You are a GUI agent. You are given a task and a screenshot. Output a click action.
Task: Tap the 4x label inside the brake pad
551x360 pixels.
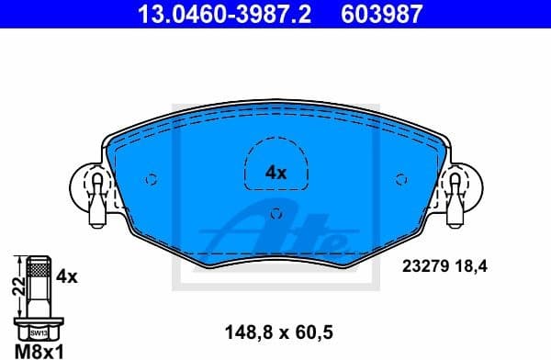click(x=275, y=172)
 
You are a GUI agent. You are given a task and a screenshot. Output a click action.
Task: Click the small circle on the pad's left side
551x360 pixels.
click(x=152, y=179)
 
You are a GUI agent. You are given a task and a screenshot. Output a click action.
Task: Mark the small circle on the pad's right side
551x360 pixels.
click(x=399, y=179)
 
